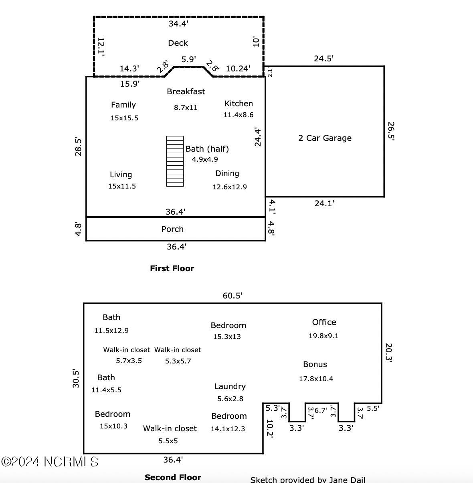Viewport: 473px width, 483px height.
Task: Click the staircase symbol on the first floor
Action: click(x=175, y=161)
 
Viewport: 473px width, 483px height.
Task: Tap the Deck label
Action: click(x=178, y=43)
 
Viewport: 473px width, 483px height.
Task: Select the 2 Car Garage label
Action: click(x=325, y=138)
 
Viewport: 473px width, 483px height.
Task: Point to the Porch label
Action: click(x=172, y=229)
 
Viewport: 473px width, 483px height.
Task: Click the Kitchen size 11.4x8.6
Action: click(x=238, y=115)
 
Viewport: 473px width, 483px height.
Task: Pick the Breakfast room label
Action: click(x=186, y=91)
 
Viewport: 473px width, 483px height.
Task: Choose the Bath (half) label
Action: click(x=207, y=149)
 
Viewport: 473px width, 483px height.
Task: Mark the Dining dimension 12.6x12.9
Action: click(x=229, y=187)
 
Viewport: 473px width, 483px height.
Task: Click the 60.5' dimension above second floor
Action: click(x=232, y=296)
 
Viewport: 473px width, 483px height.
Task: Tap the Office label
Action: click(x=324, y=322)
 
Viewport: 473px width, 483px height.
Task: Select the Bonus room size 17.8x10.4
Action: click(x=316, y=378)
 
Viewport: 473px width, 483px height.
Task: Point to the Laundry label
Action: click(x=230, y=386)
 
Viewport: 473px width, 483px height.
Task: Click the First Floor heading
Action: click(x=172, y=268)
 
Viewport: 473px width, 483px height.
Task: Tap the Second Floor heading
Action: click(x=173, y=477)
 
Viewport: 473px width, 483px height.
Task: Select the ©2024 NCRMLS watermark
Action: click(x=50, y=461)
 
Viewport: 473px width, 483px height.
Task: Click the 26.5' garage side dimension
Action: click(x=391, y=131)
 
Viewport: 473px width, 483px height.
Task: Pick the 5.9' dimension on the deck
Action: click(x=188, y=59)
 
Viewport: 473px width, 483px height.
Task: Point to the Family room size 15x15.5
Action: click(x=124, y=118)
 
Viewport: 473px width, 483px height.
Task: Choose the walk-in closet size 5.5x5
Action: click(x=168, y=440)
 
